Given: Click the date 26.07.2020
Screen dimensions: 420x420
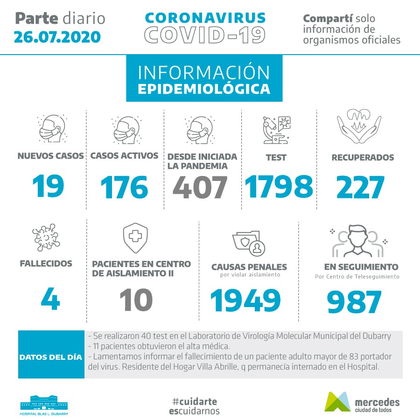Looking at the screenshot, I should coord(57,36).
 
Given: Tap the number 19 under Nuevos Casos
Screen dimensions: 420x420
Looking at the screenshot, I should coord(48,187).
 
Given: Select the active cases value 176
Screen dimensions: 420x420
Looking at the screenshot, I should coord(124,188).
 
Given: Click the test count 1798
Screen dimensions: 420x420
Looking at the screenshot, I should coord(279,187).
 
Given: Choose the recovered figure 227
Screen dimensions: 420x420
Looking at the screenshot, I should coord(360,188).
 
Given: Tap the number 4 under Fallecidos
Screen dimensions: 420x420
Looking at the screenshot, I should coord(50,299).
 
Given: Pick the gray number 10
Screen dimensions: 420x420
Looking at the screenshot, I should coord(135,299).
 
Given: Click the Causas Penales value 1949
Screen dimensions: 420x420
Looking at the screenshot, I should coord(245,300).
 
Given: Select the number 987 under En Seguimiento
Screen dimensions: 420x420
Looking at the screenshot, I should coord(354,302).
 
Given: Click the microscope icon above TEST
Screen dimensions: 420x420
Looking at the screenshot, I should coord(276,129).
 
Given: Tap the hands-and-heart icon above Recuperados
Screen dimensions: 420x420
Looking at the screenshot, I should coord(356,126).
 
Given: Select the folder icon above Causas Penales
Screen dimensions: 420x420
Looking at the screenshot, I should coord(249,243).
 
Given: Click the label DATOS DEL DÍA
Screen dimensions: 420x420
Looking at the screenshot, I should coord(51,357).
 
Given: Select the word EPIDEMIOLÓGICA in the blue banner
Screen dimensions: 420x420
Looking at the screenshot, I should coord(204,89).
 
